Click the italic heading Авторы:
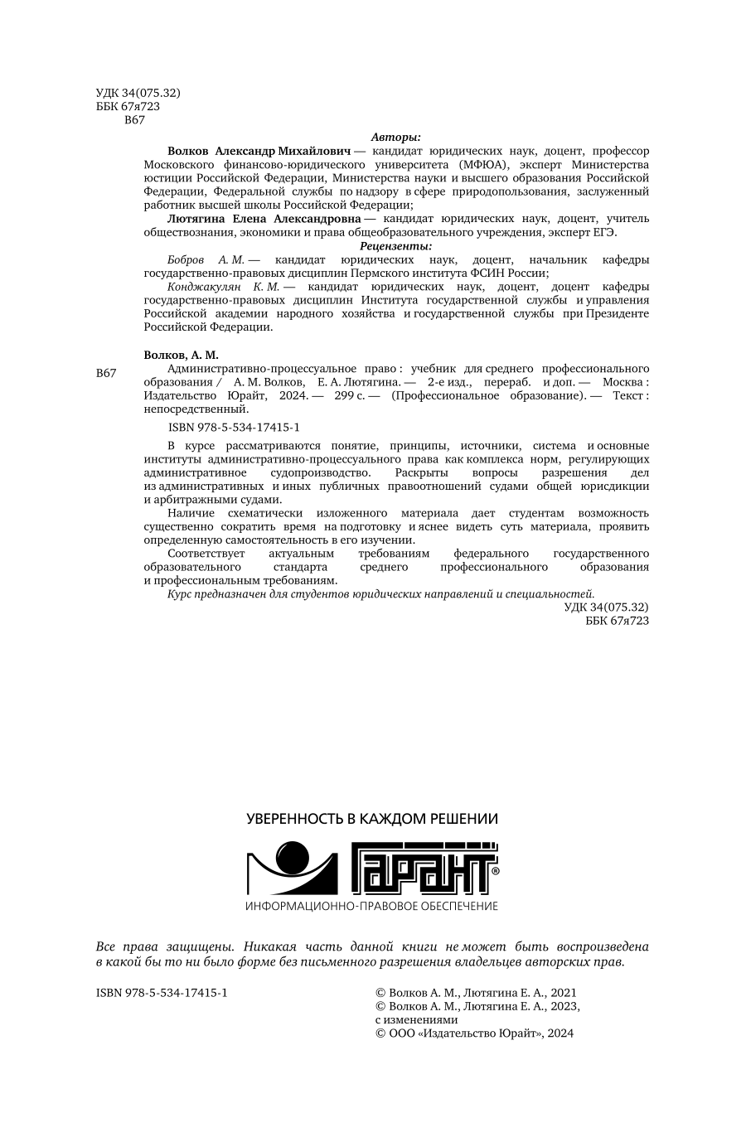(x=395, y=138)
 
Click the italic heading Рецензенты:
(x=395, y=246)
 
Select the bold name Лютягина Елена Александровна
(x=259, y=219)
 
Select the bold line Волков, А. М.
(x=182, y=355)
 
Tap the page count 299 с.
(x=351, y=395)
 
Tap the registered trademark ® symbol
(x=495, y=872)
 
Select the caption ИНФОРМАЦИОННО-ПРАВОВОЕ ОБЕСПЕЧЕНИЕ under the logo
(x=372, y=906)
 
